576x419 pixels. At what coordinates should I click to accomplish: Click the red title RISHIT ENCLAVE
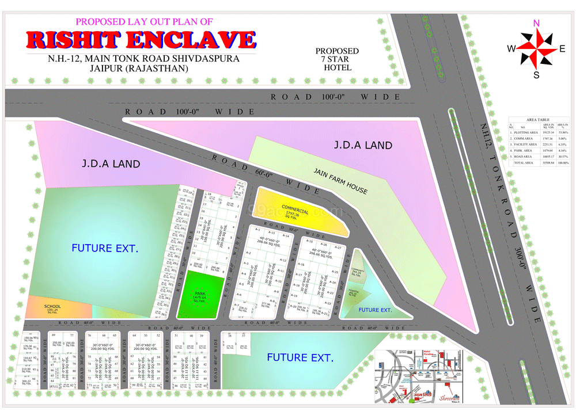click(141, 40)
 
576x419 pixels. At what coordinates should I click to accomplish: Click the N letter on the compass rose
click(536, 23)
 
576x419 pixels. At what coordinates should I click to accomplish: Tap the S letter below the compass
click(536, 75)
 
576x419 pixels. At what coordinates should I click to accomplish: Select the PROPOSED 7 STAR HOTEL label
click(337, 59)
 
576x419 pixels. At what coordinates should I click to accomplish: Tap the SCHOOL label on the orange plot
click(52, 307)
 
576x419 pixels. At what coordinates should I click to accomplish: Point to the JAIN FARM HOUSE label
click(340, 181)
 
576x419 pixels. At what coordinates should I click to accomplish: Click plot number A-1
click(249, 230)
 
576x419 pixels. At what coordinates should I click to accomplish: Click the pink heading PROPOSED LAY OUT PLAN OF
click(144, 21)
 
